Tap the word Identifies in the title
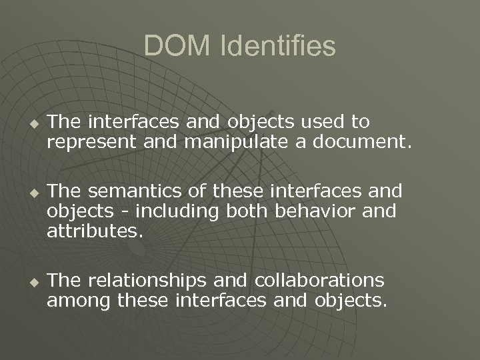(275, 46)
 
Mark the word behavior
(322, 212)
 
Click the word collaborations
(328, 280)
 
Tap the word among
(79, 301)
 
